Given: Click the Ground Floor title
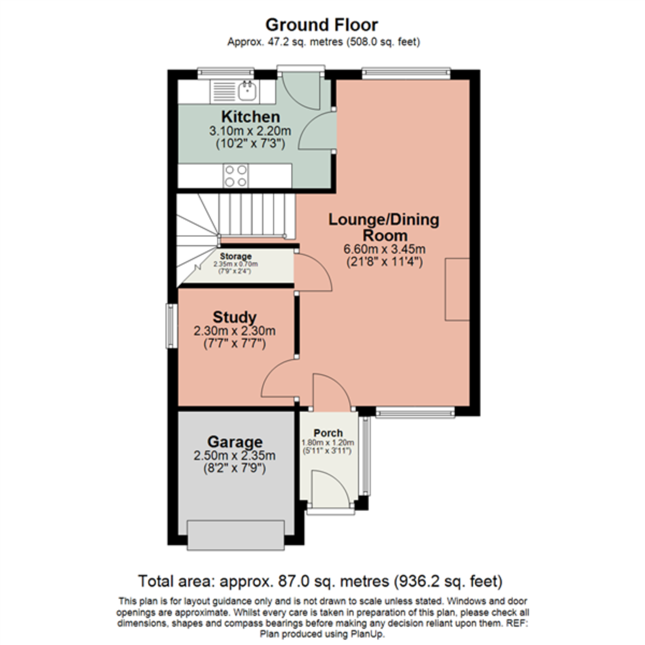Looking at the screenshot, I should [321, 25].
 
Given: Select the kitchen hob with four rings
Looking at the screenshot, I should [236, 175].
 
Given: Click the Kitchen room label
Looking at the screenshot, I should [250, 117].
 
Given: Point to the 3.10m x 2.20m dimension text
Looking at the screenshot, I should [250, 131].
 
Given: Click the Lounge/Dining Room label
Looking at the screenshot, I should [384, 227].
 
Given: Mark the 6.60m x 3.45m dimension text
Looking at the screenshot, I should [384, 249].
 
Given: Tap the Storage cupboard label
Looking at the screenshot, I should [235, 257].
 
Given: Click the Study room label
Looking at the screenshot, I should [234, 317].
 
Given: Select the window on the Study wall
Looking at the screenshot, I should [170, 326].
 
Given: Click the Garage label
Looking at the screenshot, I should [235, 442].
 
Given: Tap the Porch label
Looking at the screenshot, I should [328, 433].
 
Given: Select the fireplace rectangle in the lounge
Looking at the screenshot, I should [457, 289].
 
